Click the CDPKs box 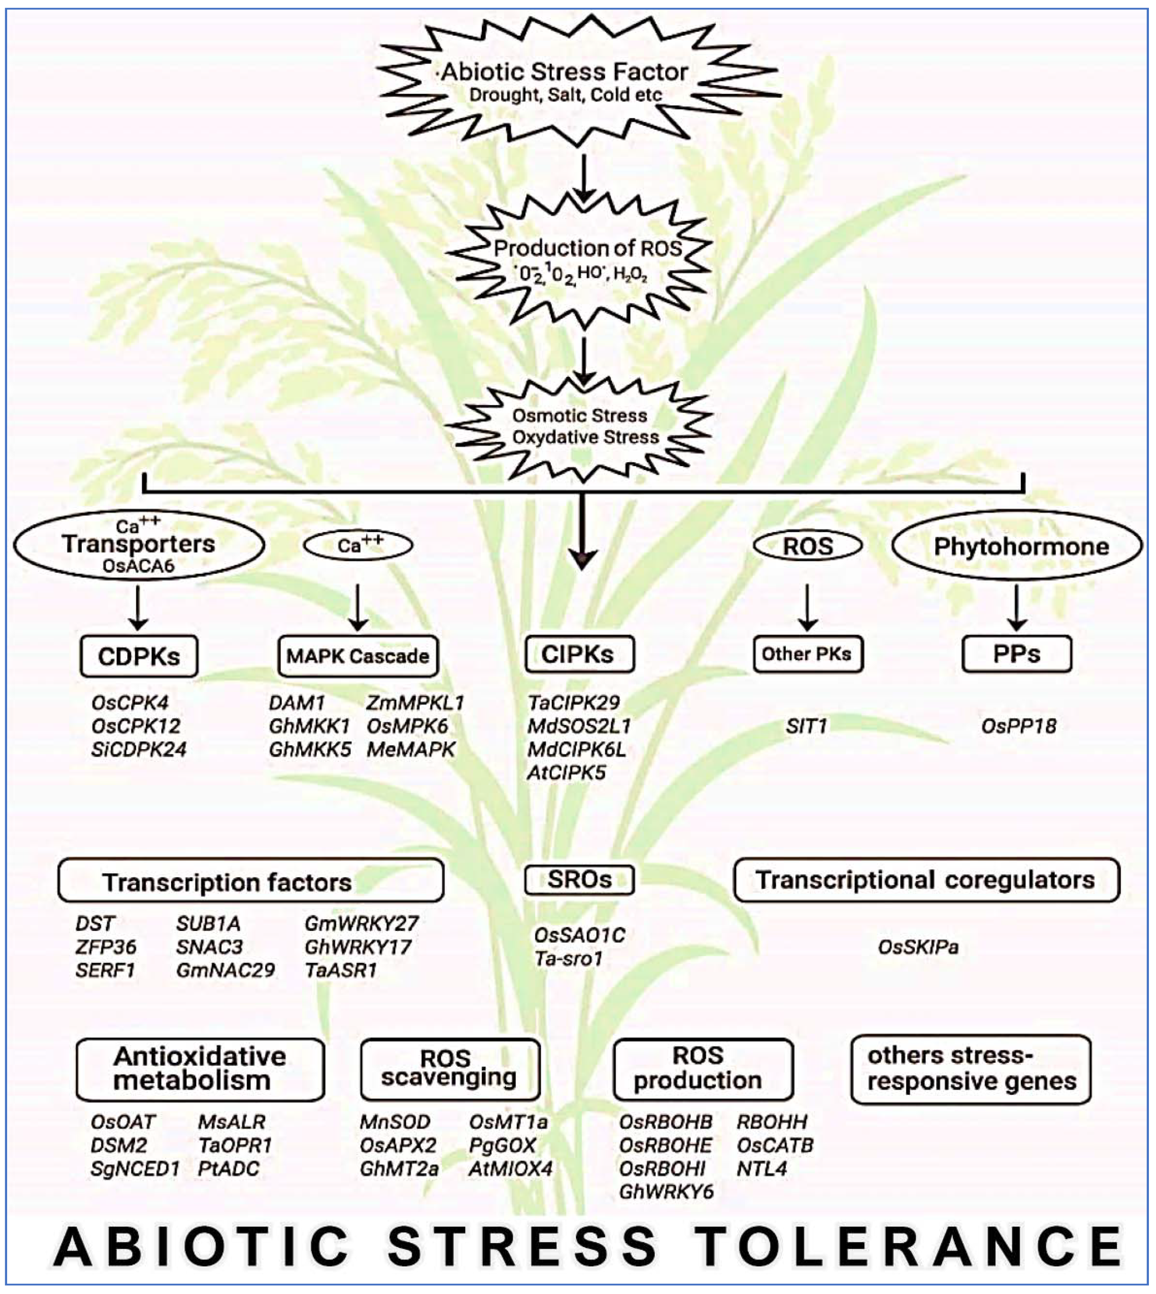pos(138,656)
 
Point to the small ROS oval pos(807,546)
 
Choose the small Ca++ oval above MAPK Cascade pos(358,545)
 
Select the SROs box pos(579,880)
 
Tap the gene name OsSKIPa pos(918,947)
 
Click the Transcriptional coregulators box pos(926,880)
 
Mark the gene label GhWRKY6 pos(666,1192)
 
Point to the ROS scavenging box pos(450,1069)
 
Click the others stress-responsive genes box pos(971,1069)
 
